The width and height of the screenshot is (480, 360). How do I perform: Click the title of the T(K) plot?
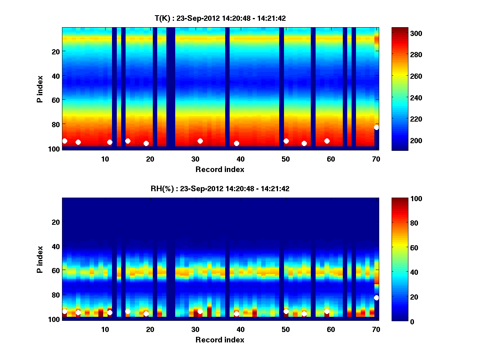coord(220,18)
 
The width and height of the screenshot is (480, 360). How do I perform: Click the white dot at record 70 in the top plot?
coord(376,128)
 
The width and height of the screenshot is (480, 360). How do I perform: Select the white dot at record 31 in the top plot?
coord(200,141)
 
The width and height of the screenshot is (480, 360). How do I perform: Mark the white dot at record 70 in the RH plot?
coord(376,298)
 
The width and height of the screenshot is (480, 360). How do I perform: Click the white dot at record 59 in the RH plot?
coord(327,311)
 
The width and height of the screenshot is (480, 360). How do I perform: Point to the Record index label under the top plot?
coord(220,169)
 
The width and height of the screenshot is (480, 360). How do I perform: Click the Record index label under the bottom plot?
coord(220,340)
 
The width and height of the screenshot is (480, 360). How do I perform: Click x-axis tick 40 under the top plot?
coord(240,159)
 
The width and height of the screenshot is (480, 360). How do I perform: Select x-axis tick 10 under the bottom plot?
coord(105,329)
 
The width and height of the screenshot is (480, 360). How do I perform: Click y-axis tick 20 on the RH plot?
coord(56,222)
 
